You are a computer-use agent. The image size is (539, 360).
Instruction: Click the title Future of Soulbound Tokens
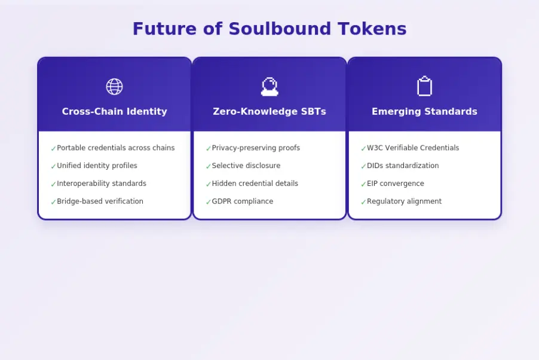pyautogui.click(x=269, y=29)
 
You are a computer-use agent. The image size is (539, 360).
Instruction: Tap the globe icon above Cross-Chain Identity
pyautogui.click(x=114, y=87)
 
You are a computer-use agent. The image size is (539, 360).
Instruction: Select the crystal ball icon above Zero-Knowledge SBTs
pyautogui.click(x=269, y=87)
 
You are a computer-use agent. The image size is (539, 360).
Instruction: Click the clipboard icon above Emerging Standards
pyautogui.click(x=424, y=87)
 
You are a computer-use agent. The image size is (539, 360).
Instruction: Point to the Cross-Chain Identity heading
pyautogui.click(x=114, y=112)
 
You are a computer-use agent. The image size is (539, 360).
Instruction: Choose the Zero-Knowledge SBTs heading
pyautogui.click(x=269, y=112)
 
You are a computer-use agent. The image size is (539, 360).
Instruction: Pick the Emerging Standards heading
pyautogui.click(x=424, y=112)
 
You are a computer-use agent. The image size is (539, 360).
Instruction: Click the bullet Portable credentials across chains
pyautogui.click(x=115, y=148)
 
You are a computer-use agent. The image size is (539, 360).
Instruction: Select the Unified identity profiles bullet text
pyautogui.click(x=97, y=166)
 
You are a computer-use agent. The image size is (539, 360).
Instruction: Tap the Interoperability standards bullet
pyautogui.click(x=101, y=184)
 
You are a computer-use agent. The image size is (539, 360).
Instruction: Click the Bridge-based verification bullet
pyautogui.click(x=100, y=202)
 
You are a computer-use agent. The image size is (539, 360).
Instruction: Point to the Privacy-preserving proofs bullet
pyautogui.click(x=256, y=148)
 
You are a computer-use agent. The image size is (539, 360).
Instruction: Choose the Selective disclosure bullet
pyautogui.click(x=246, y=166)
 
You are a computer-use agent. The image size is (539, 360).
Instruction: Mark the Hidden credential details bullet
pyautogui.click(x=255, y=184)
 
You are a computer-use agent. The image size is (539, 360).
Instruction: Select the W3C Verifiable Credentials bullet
pyautogui.click(x=413, y=148)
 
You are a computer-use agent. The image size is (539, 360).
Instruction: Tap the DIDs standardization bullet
pyautogui.click(x=403, y=166)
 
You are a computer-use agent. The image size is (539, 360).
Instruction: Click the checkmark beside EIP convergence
pyautogui.click(x=363, y=185)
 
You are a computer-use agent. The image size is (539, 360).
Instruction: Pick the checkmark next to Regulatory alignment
pyautogui.click(x=363, y=203)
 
